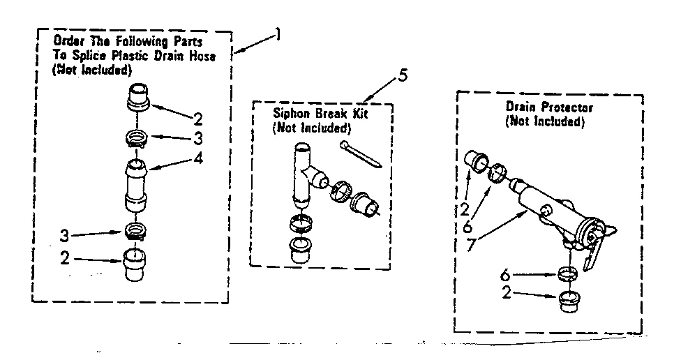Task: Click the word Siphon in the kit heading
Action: [x=288, y=114]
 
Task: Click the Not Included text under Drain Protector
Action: [x=544, y=121]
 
